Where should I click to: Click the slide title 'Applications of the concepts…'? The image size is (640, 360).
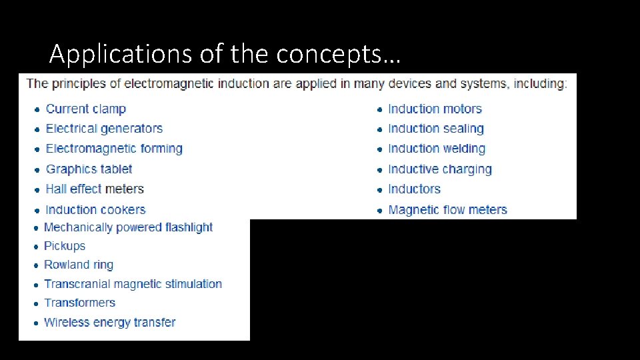tap(225, 54)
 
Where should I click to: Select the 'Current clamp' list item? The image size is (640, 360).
tap(85, 109)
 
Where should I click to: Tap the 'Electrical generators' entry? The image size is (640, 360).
tap(104, 129)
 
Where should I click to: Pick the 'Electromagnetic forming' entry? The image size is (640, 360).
tap(114, 149)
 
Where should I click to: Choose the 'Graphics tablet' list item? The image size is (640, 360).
tap(89, 169)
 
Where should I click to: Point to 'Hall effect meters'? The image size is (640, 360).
tap(95, 189)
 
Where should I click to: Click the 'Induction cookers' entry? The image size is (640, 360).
tap(95, 210)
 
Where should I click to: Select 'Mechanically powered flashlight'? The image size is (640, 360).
tap(128, 227)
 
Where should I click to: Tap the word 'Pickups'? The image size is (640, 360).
tap(65, 246)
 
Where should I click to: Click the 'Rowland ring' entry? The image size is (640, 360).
tap(79, 265)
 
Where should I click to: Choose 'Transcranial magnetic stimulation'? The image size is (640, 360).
tap(133, 284)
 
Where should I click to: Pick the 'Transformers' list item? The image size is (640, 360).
tap(79, 303)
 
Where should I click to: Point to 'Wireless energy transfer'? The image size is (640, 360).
tap(109, 323)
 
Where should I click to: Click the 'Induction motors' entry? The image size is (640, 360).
tap(435, 109)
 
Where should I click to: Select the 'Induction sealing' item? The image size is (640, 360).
tap(436, 129)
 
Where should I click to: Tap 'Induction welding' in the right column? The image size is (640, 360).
tap(437, 149)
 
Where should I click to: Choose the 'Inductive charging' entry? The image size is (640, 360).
tap(440, 169)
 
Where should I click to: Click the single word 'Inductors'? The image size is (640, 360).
tap(414, 189)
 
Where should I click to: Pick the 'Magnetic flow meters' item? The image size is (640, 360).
tap(447, 210)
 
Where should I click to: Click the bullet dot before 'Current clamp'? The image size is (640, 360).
tap(37, 110)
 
